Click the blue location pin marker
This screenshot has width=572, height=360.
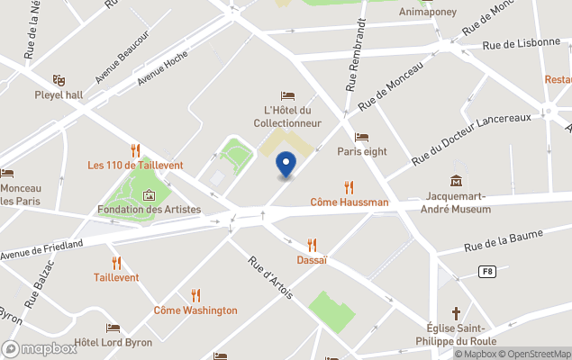pyautogui.click(x=286, y=166)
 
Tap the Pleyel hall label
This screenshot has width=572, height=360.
pyautogui.click(x=60, y=94)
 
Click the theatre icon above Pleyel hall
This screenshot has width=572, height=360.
pyautogui.click(x=59, y=80)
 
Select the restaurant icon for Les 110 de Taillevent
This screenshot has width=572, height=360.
pyautogui.click(x=135, y=149)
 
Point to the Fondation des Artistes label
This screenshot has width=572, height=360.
pyautogui.click(x=149, y=210)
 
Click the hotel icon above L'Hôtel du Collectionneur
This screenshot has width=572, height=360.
pyautogui.click(x=287, y=95)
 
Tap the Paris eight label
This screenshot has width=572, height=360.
pyautogui.click(x=361, y=151)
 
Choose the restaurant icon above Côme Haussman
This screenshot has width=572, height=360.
pyautogui.click(x=349, y=187)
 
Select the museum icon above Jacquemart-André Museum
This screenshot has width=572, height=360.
pyautogui.click(x=457, y=181)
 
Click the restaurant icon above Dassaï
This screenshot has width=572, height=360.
pyautogui.click(x=312, y=245)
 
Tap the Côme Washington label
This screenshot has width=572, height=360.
pyautogui.click(x=195, y=310)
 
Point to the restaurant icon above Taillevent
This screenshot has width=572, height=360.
pyautogui.click(x=116, y=263)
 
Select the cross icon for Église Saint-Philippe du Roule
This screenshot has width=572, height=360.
pyautogui.click(x=457, y=314)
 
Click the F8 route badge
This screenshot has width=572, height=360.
pyautogui.click(x=487, y=271)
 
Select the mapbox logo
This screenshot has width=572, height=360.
pyautogui.click(x=40, y=348)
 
